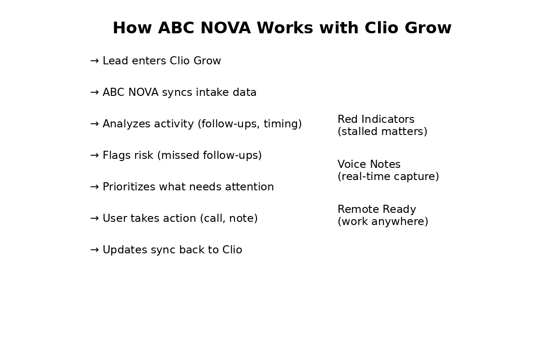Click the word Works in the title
click(285, 28)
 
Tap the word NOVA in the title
click(225, 28)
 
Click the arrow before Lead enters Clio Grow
click(94, 61)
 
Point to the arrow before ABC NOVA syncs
click(94, 92)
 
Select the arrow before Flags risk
click(94, 156)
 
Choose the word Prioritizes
click(129, 187)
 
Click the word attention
click(249, 187)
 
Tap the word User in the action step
click(115, 218)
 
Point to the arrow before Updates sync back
click(94, 250)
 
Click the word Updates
click(125, 250)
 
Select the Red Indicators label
click(376, 119)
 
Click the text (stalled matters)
click(382, 132)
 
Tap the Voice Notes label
click(369, 164)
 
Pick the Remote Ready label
click(377, 209)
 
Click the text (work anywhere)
click(383, 221)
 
